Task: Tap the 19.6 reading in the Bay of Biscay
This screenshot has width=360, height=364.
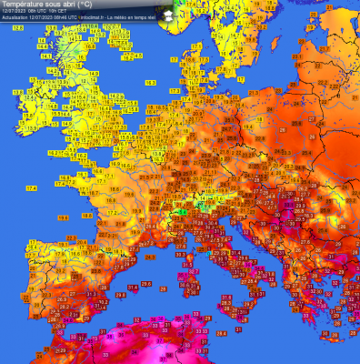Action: click(63, 218)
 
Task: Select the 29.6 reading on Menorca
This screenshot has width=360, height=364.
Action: click(146, 281)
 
